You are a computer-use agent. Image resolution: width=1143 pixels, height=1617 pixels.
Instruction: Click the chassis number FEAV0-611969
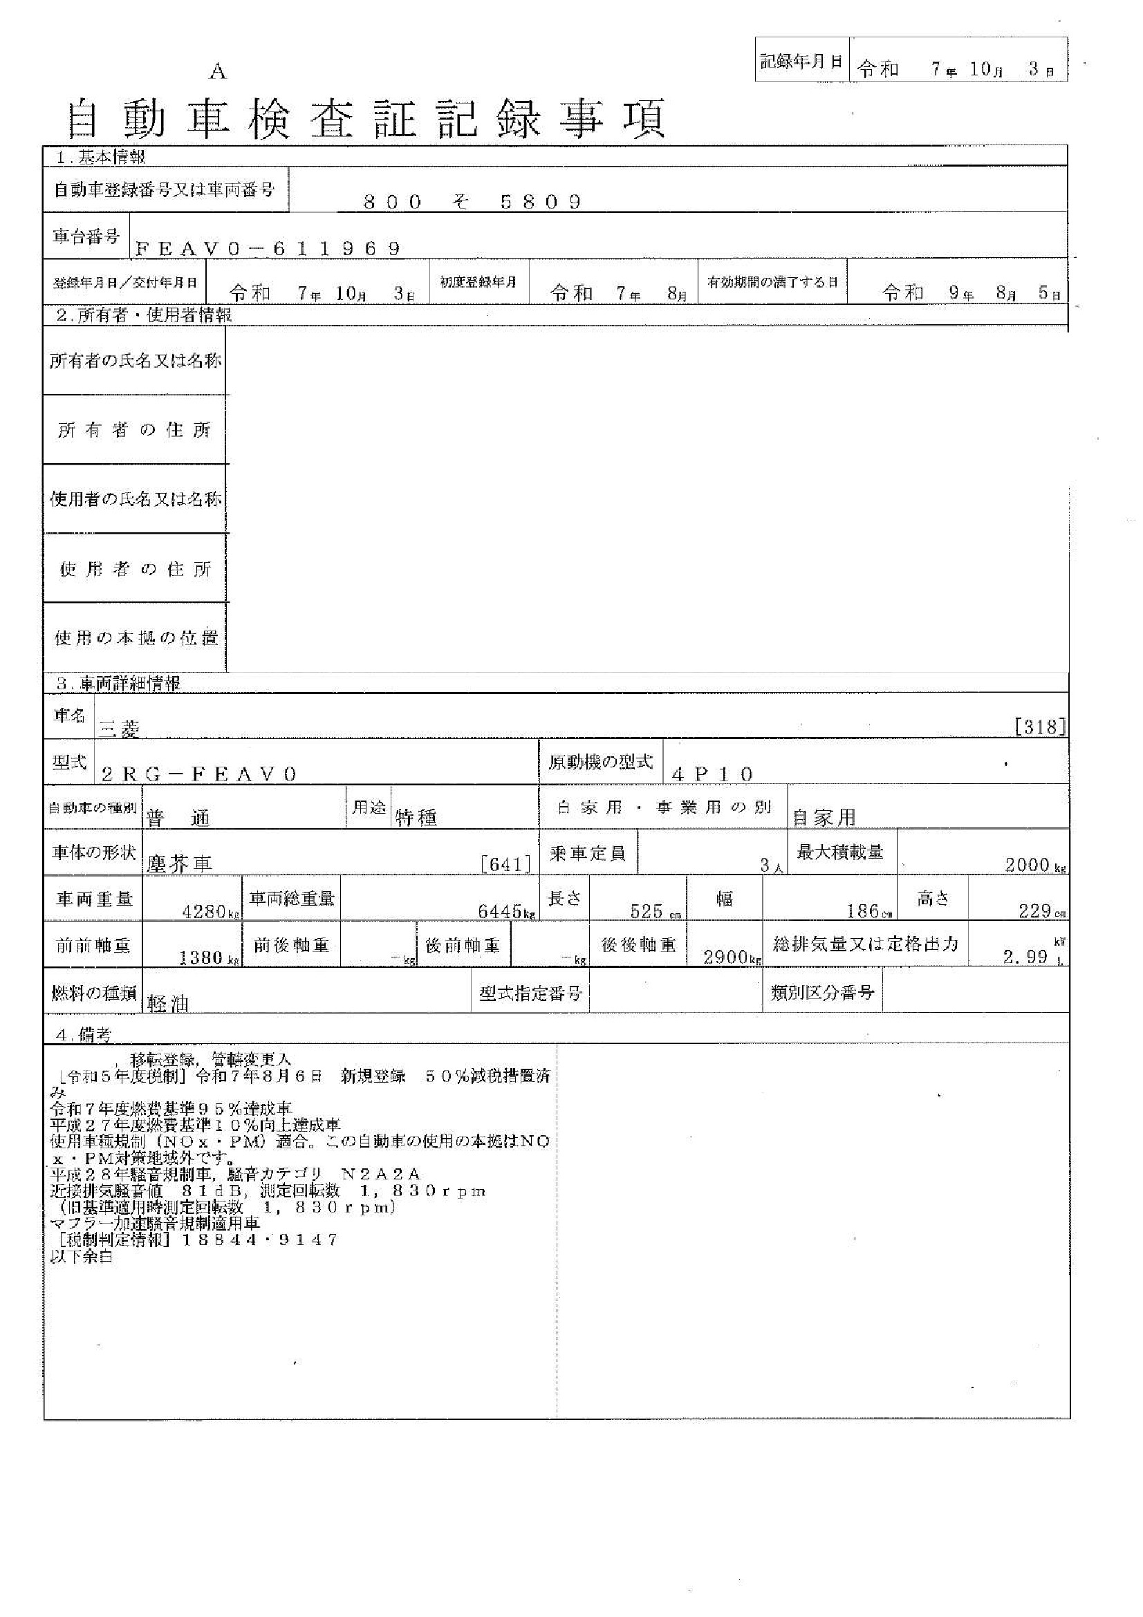(268, 249)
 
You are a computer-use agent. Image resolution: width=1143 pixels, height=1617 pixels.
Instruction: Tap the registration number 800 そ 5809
(472, 203)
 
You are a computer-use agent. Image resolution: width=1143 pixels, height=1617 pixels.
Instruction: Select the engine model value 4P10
(712, 775)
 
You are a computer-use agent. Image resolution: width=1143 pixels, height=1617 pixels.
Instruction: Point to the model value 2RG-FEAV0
(199, 775)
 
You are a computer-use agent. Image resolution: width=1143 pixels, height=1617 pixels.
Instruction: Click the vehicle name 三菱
(120, 729)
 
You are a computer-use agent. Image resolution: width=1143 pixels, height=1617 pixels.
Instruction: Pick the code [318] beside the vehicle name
(1039, 727)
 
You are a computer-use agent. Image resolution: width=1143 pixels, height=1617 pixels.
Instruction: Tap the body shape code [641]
(505, 864)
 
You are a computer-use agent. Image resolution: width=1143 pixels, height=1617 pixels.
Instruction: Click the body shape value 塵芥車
(179, 865)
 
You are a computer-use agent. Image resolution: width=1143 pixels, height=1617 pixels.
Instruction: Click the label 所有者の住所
(135, 430)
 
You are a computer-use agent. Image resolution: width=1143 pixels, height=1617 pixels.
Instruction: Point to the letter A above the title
(218, 72)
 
